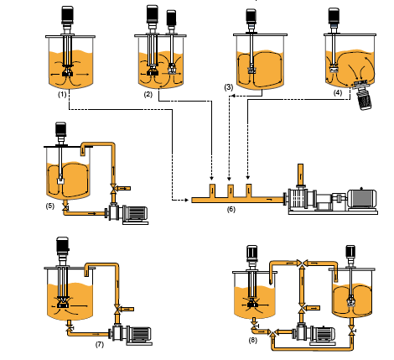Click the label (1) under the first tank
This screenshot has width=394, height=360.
point(62,94)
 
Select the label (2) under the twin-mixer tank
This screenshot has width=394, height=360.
point(148,94)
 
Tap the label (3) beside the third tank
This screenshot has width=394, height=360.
point(228,87)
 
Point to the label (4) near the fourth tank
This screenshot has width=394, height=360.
point(338,93)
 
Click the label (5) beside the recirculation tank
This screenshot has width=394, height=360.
point(49,206)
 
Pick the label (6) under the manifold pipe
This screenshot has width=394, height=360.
point(231,209)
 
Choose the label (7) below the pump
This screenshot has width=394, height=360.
point(99,344)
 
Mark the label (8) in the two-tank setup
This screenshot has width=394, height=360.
point(252,340)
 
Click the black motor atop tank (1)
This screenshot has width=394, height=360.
point(67,15)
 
